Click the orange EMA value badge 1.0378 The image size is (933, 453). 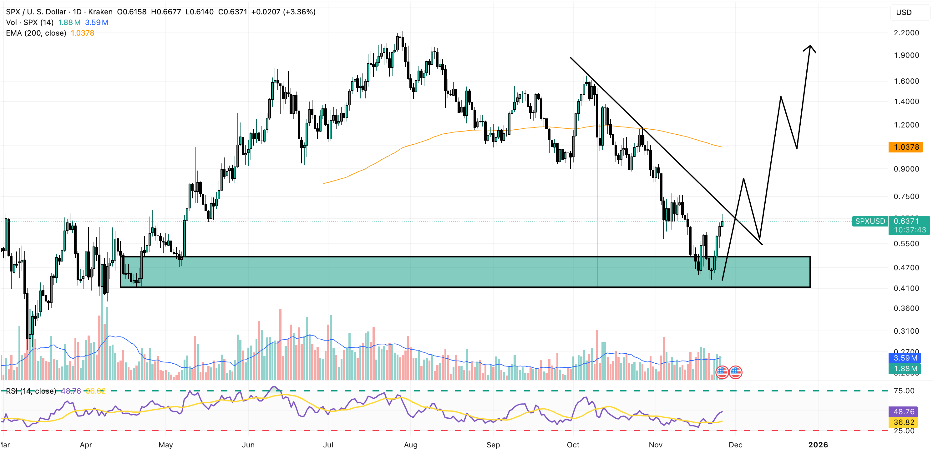coord(905,147)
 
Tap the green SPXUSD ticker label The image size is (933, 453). coord(869,221)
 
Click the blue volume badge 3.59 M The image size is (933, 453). coord(905,358)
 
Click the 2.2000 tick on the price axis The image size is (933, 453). coord(906,33)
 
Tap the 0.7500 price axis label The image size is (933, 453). coord(906,197)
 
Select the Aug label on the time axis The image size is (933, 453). coord(410,445)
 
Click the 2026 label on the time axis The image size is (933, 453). coord(818,445)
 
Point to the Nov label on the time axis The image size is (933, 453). coord(655,445)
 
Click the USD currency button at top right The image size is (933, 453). coord(904,12)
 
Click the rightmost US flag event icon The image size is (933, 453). coord(735,372)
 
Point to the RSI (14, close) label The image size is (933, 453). coord(31,391)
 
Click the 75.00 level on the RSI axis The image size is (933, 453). coord(904,391)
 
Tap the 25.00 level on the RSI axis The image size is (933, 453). coord(904,431)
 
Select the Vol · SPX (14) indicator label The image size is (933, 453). coord(30,22)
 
